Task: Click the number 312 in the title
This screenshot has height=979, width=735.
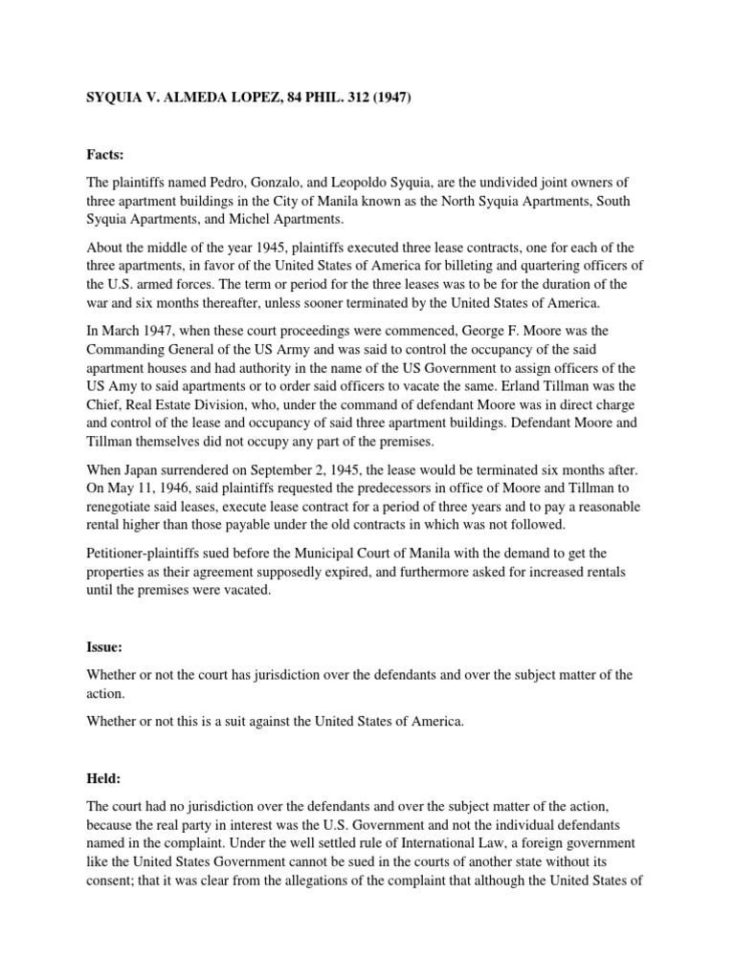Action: point(334,98)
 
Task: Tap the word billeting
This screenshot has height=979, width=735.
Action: point(454,264)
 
